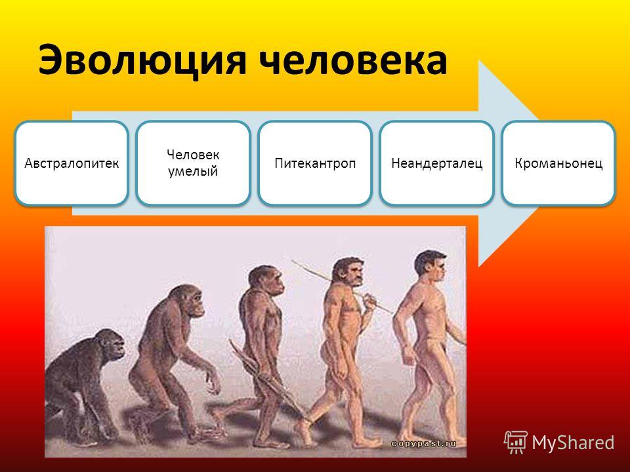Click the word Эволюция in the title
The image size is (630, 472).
(x=142, y=60)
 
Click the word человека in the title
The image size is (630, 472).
(x=353, y=60)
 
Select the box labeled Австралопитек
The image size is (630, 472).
(x=72, y=163)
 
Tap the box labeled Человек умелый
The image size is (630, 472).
(x=193, y=163)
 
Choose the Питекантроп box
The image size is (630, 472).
(x=315, y=163)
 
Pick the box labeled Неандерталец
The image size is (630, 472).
(x=437, y=163)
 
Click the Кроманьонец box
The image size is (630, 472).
(x=558, y=163)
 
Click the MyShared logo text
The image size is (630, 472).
(x=573, y=442)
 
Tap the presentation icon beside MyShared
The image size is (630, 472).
(x=516, y=442)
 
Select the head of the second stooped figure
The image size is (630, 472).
(x=189, y=300)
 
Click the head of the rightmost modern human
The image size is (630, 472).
(x=430, y=267)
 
